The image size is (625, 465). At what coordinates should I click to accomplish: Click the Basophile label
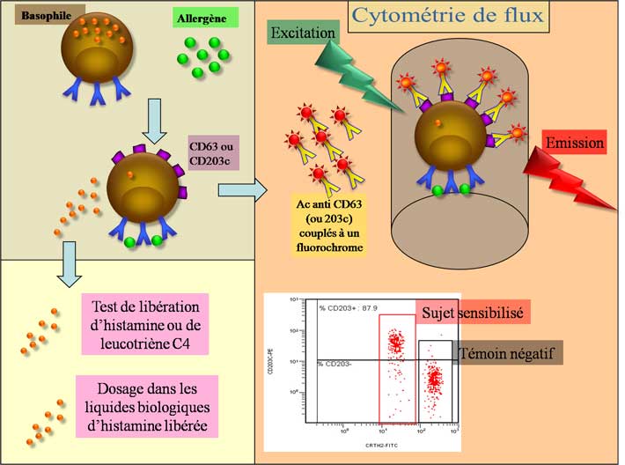pos(34,15)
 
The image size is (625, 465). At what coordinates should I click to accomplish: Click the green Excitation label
pos(304,33)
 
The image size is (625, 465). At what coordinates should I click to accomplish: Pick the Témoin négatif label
pos(510,352)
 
